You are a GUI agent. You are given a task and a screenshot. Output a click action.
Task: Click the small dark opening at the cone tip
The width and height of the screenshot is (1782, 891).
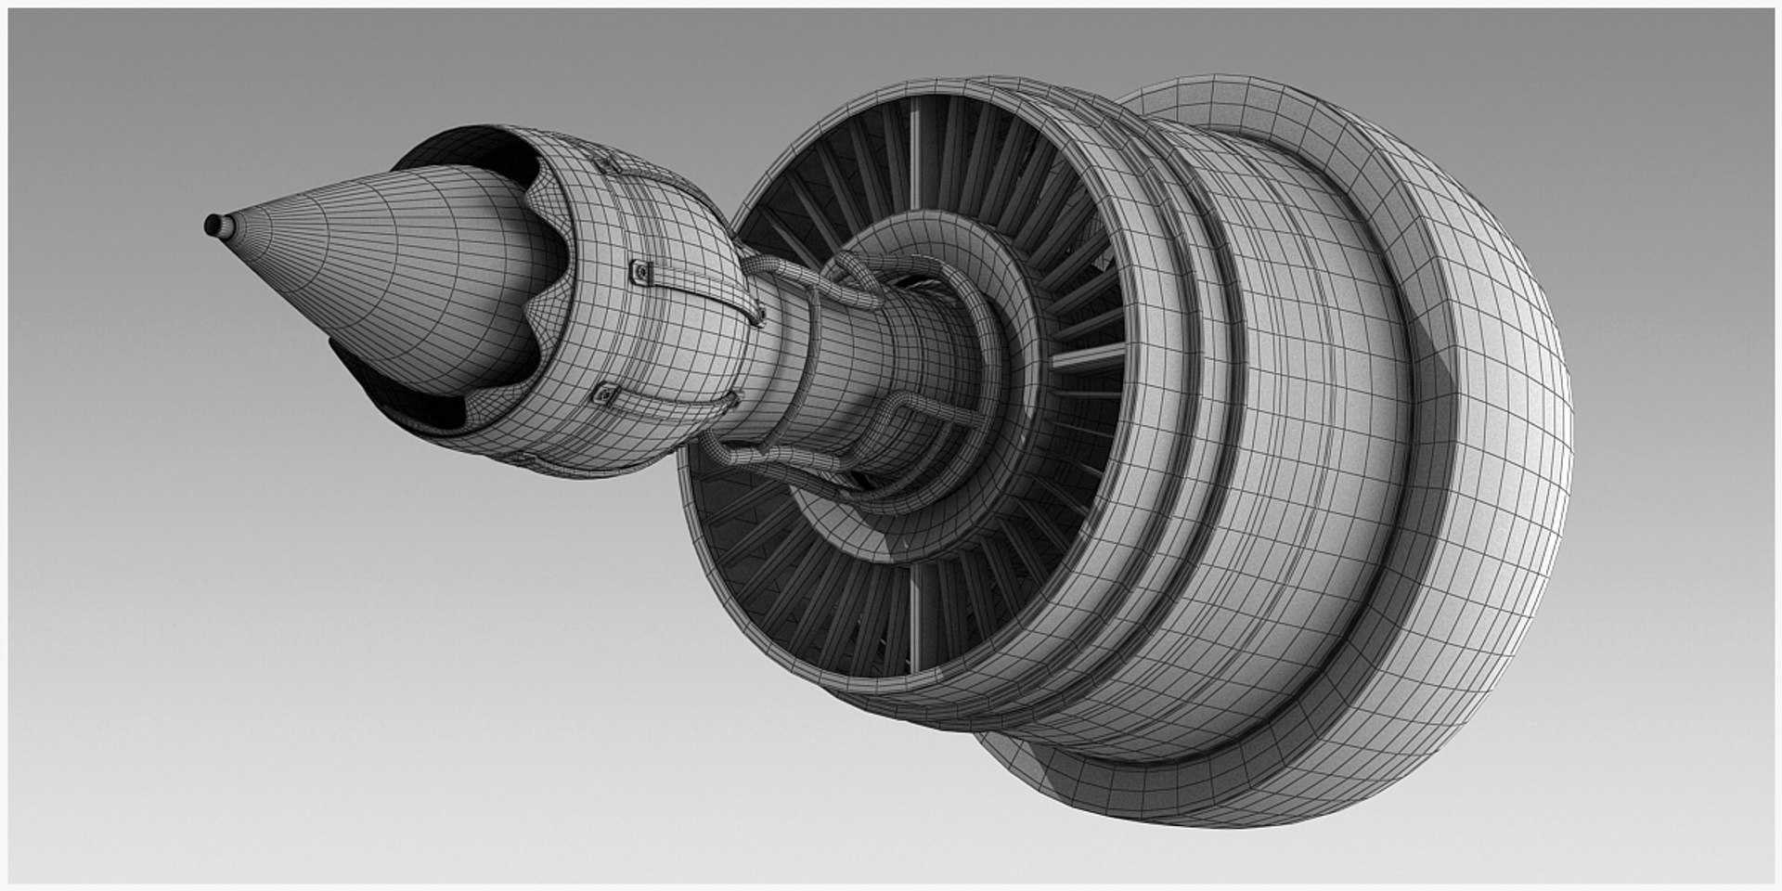tap(213, 225)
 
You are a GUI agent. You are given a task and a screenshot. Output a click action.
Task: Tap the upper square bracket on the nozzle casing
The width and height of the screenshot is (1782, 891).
tap(639, 272)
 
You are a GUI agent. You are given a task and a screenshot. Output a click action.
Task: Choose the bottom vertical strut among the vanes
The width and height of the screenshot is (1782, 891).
tap(914, 617)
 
